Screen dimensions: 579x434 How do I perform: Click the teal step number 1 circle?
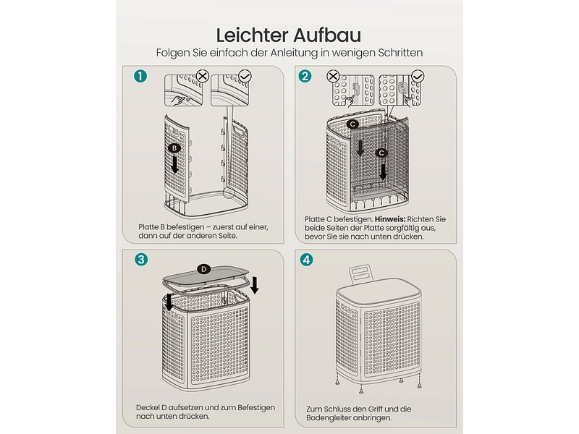140,76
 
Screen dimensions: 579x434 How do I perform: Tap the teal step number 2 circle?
305,76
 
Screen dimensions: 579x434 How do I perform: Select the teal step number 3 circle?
140,260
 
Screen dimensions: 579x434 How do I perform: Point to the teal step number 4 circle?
306,260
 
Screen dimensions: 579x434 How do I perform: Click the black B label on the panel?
174,148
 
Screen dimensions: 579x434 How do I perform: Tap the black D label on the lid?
204,269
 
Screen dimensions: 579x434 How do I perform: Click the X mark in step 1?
203,77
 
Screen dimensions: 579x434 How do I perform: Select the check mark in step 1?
245,77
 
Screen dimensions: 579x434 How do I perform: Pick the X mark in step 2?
333,77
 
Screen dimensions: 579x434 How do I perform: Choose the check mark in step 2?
418,77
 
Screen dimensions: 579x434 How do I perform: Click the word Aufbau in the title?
327,35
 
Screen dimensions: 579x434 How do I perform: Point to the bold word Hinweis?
390,219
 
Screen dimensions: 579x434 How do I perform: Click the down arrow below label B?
174,164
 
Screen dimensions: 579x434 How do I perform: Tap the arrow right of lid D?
255,285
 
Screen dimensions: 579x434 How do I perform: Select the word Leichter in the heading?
253,35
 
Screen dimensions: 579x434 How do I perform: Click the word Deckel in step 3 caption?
148,408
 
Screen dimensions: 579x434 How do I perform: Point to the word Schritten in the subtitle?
401,53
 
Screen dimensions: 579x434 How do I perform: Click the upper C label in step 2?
352,124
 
